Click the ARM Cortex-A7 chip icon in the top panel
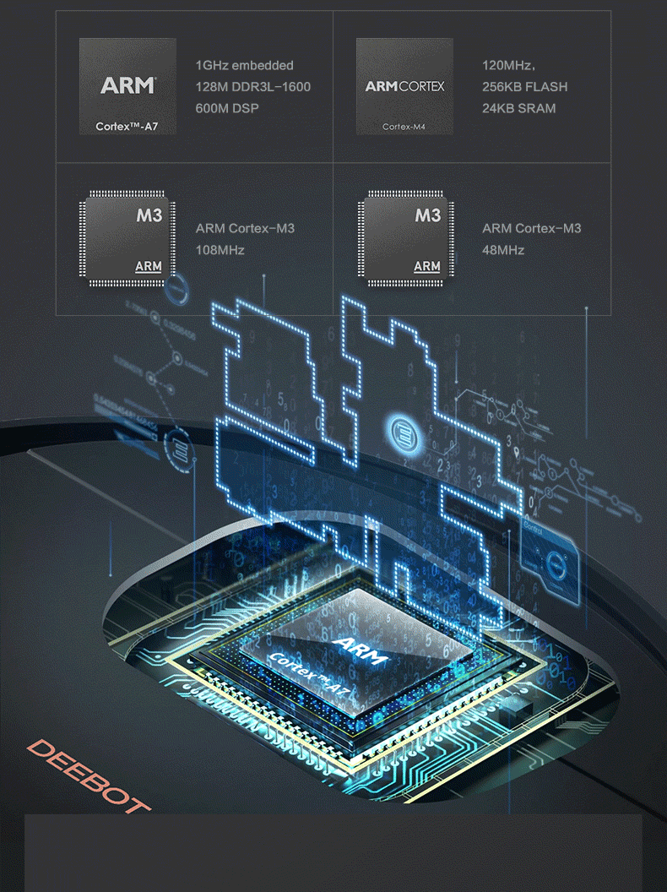click(127, 86)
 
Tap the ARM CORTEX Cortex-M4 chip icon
click(404, 86)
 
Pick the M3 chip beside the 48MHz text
click(406, 239)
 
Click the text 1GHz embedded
click(244, 65)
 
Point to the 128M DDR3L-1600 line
click(252, 87)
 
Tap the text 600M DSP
click(226, 108)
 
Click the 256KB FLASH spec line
click(524, 87)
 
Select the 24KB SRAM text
click(518, 108)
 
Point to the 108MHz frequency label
click(220, 250)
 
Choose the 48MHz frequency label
click(503, 250)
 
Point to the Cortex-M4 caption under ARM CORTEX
click(403, 127)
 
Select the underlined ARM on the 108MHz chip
click(148, 267)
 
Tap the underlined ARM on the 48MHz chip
click(426, 267)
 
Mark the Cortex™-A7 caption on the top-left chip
click(126, 127)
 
